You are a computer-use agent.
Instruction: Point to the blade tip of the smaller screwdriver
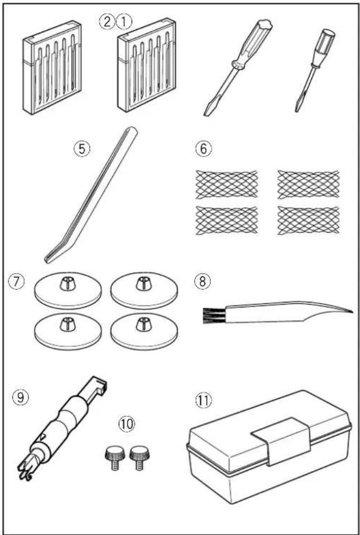pos(297,109)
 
